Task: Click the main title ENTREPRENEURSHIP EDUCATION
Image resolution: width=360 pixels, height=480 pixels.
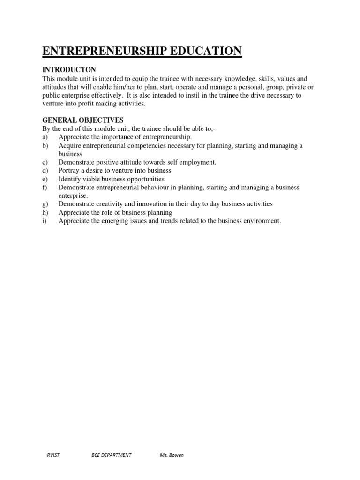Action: pos(142,51)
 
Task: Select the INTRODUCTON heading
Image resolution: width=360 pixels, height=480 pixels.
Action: pos(69,70)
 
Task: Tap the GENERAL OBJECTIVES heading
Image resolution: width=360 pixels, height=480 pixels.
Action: pos(83,120)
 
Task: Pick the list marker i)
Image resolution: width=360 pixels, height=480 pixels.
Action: pos(45,221)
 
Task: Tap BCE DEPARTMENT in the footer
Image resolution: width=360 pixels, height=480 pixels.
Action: pos(112,455)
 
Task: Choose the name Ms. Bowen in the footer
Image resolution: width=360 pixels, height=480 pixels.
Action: pos(172,455)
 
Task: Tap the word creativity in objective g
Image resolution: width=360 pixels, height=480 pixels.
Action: pos(111,204)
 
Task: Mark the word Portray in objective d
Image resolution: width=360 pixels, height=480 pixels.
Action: pos(69,171)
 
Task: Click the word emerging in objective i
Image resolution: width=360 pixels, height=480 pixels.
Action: pos(120,221)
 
